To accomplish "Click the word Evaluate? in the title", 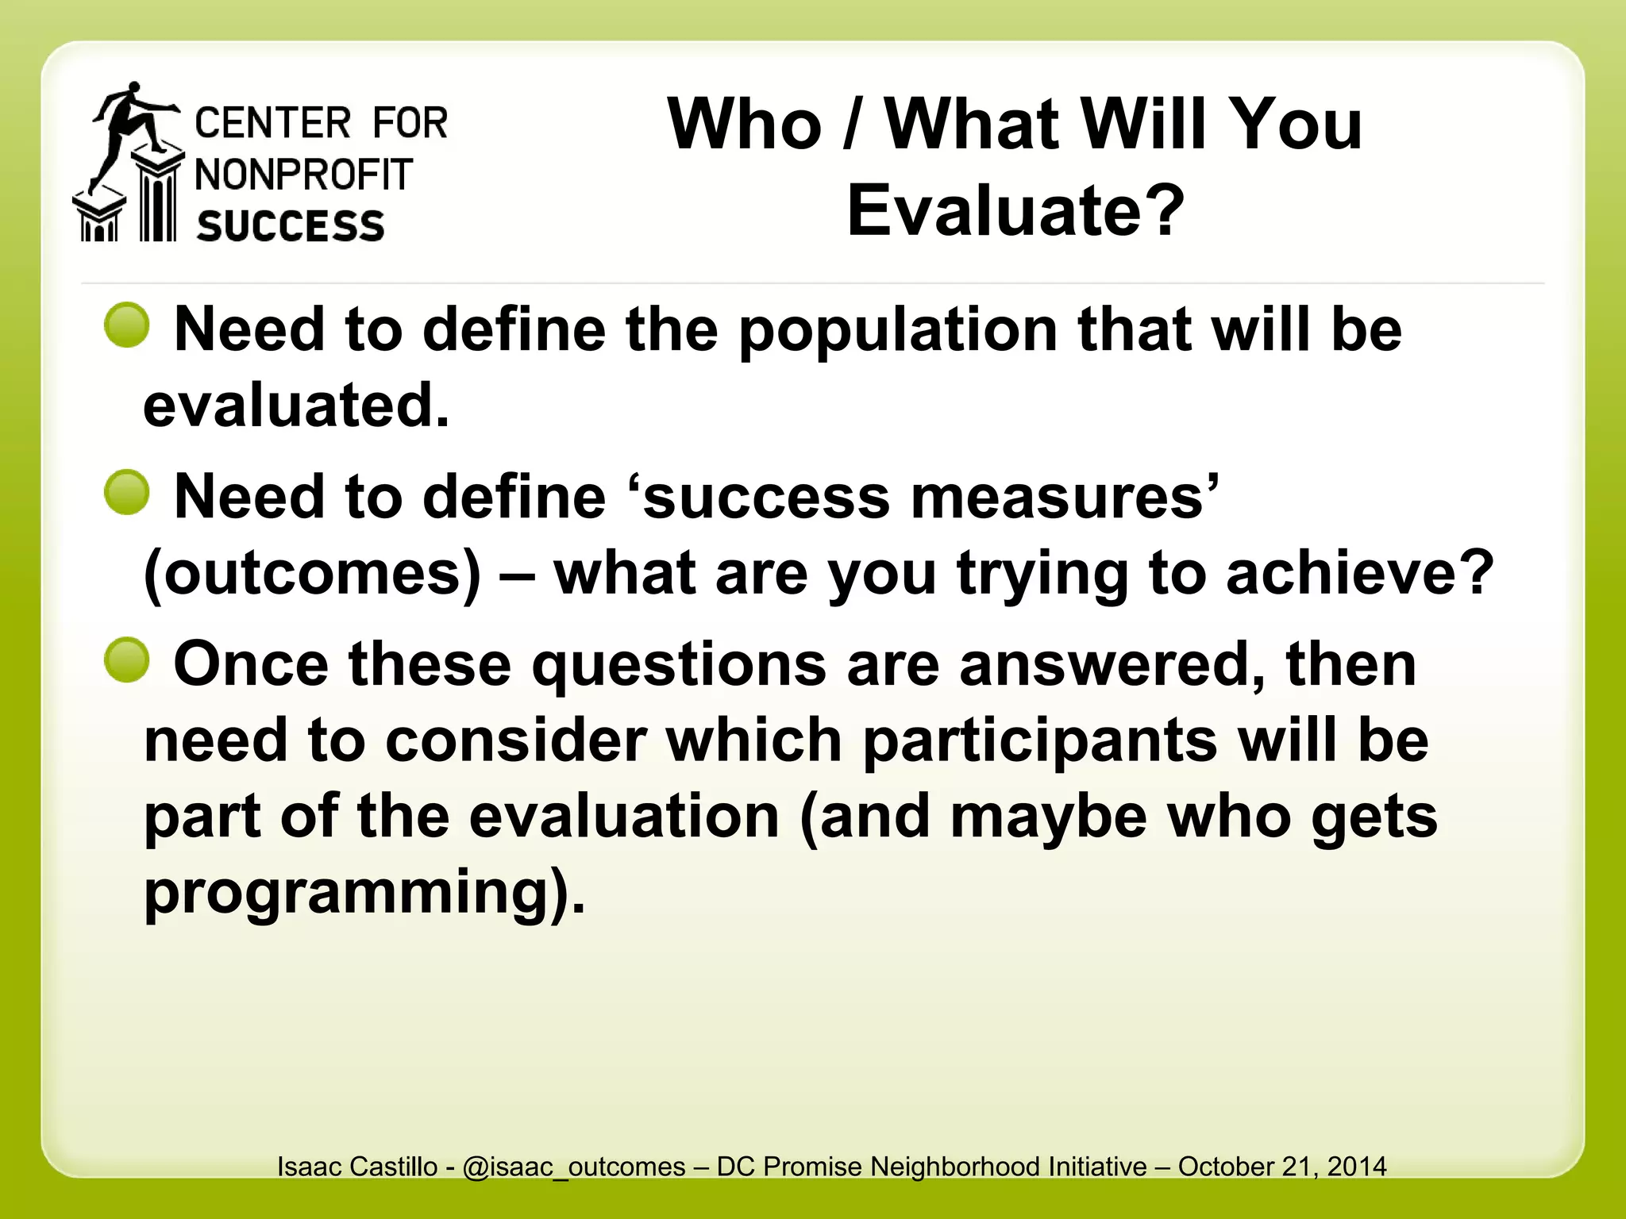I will coord(1015,211).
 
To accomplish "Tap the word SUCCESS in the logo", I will coord(291,227).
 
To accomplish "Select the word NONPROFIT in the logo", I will coord(304,175).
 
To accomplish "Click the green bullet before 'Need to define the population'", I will coord(127,325).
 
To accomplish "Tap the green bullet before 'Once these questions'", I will coord(127,660).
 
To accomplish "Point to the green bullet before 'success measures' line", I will coord(127,493).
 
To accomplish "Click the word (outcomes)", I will coord(313,574).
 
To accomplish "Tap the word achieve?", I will coord(1360,574).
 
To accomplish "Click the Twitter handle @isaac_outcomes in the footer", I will coord(573,1167).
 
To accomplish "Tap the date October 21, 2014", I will coord(1282,1167).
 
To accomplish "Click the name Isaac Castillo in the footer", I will coord(357,1167).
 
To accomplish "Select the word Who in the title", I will coord(745,125).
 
